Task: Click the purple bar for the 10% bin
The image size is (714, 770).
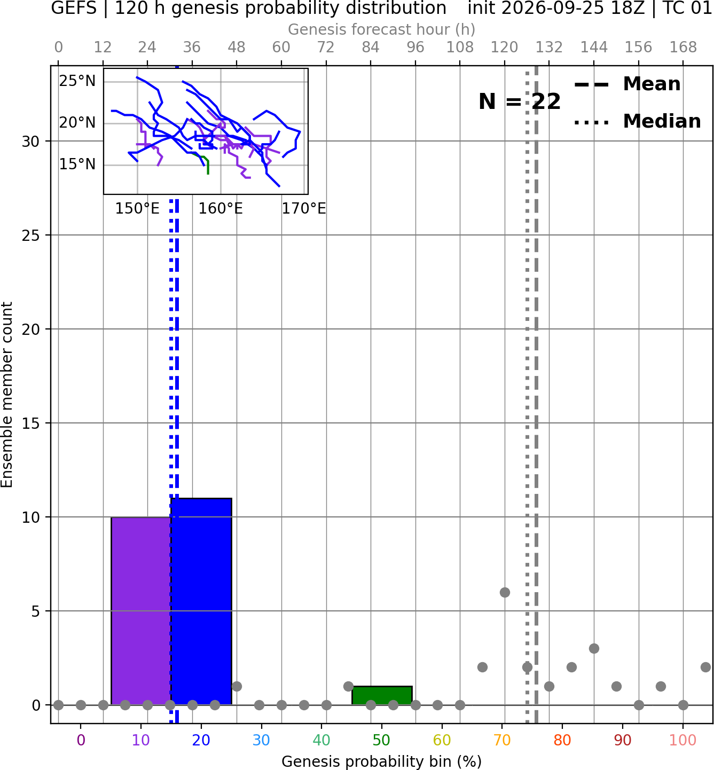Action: [x=141, y=611]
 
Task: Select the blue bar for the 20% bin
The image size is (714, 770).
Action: [x=201, y=601]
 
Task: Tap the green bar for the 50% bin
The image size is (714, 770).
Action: [x=382, y=696]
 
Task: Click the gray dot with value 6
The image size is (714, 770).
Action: [x=505, y=592]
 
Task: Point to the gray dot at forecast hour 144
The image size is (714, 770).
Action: [x=594, y=649]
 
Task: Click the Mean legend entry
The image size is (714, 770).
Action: [x=627, y=84]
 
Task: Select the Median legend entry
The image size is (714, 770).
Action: [x=637, y=121]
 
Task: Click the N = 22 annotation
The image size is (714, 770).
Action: [x=520, y=101]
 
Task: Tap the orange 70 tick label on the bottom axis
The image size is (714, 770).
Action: [x=502, y=740]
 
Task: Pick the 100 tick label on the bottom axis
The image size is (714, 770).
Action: [x=682, y=740]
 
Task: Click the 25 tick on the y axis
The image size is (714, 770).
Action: [x=31, y=235]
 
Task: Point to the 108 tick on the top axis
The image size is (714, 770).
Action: [x=460, y=48]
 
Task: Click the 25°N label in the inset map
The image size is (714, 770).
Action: [x=77, y=81]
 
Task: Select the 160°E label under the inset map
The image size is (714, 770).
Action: [x=221, y=209]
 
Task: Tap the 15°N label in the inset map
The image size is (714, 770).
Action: [x=77, y=164]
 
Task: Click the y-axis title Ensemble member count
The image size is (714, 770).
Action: [x=7, y=395]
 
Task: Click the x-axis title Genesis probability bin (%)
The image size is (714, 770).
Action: [x=382, y=761]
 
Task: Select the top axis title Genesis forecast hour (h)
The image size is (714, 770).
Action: [x=382, y=29]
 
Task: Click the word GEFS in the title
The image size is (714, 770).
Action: [x=74, y=8]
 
